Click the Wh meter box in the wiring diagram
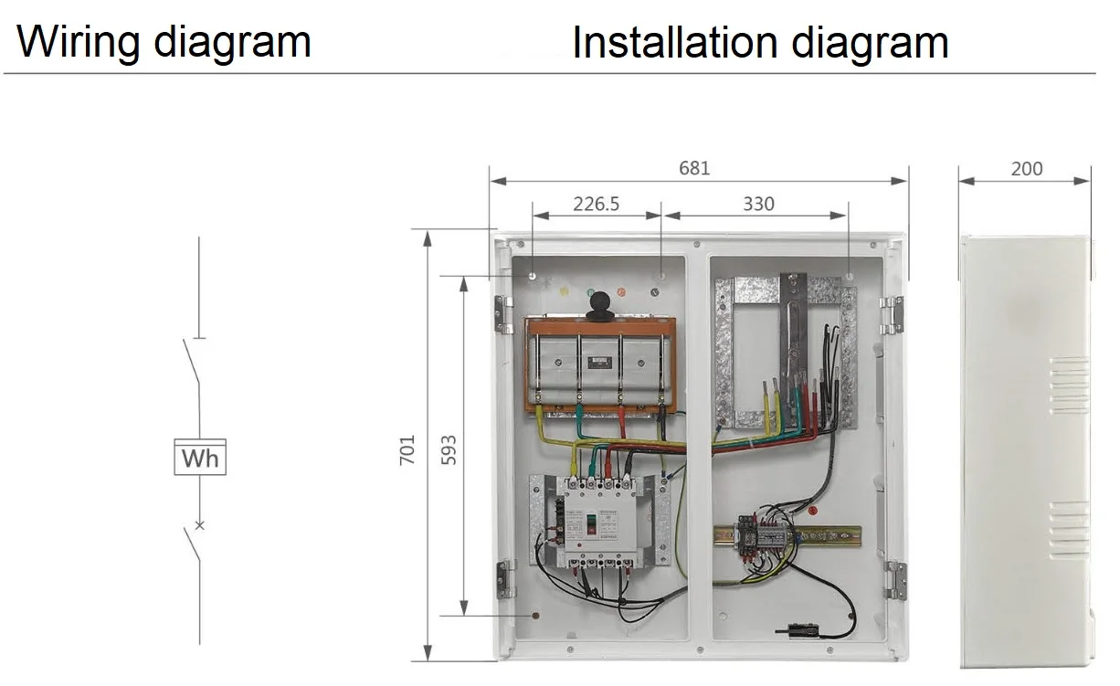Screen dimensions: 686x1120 click(x=199, y=458)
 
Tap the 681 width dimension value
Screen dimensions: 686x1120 click(x=693, y=168)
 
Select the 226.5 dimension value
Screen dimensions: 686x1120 click(x=596, y=204)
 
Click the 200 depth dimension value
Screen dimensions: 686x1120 click(x=1026, y=168)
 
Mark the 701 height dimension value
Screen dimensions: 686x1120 click(x=407, y=449)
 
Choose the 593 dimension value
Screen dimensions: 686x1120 click(x=449, y=449)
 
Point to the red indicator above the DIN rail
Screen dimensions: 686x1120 click(x=812, y=510)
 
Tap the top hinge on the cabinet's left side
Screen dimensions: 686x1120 click(x=501, y=313)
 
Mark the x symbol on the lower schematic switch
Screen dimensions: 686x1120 click(x=199, y=525)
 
